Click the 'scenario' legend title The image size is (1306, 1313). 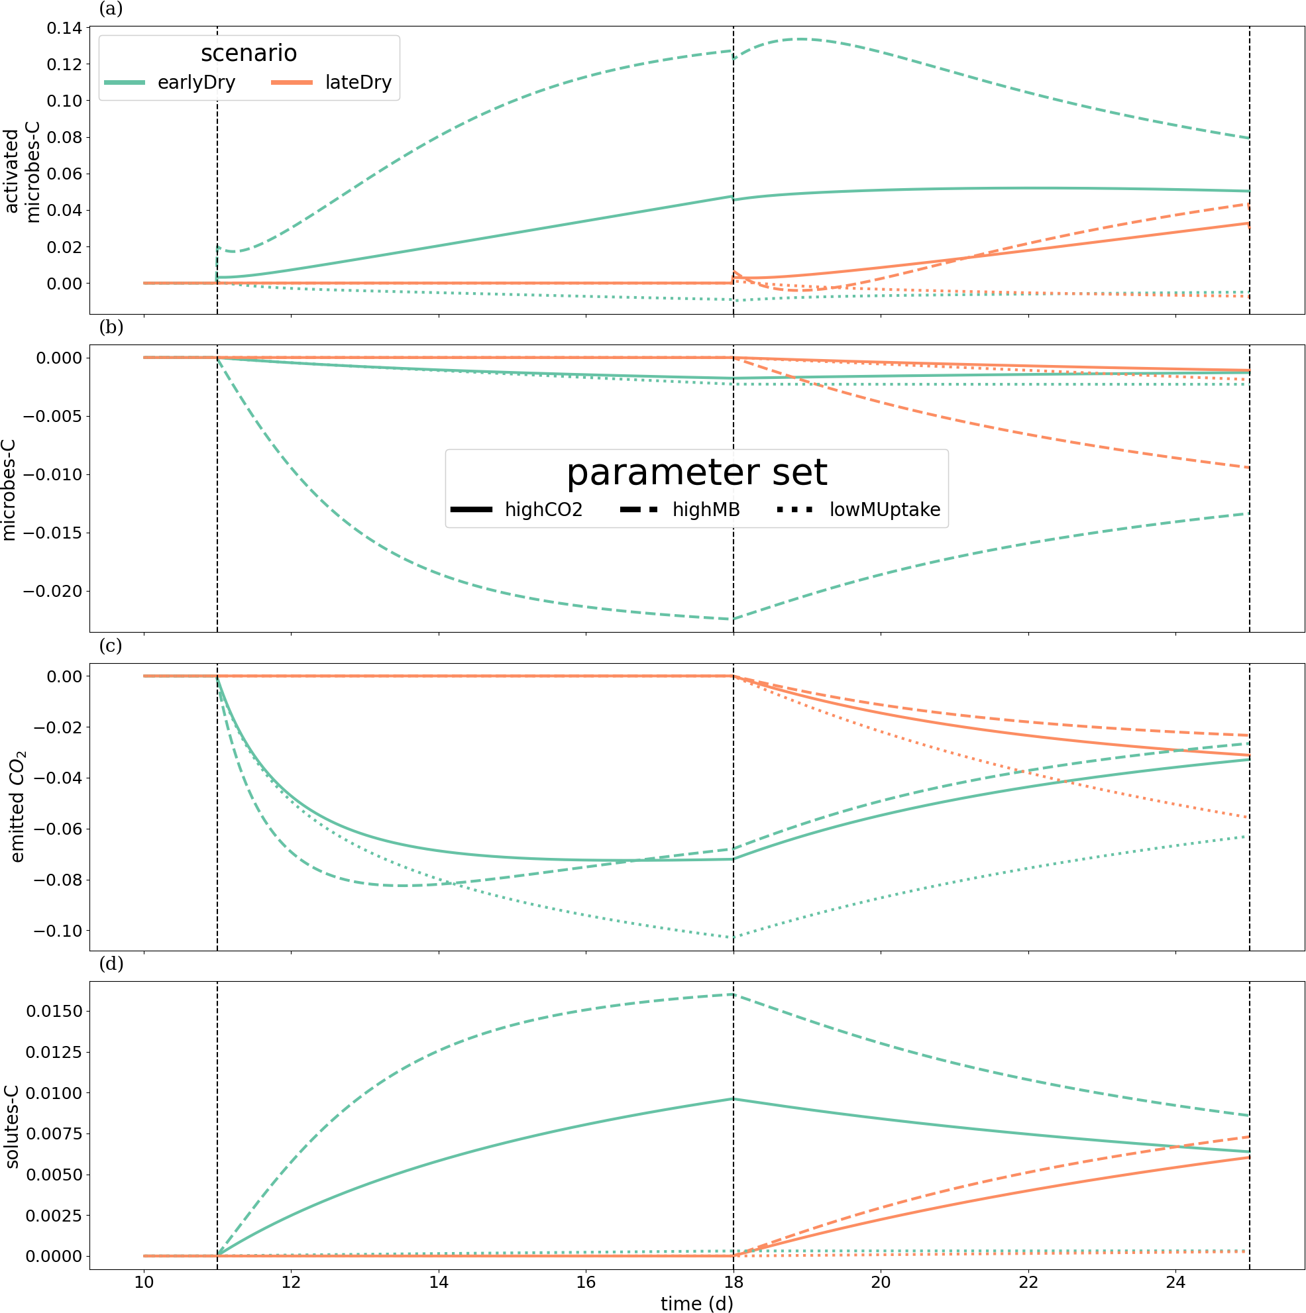pyautogui.click(x=249, y=53)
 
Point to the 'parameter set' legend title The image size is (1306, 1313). pyautogui.click(x=696, y=472)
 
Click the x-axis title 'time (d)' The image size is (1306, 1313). pyautogui.click(x=696, y=1303)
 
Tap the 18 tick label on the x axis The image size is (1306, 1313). pyautogui.click(x=733, y=1282)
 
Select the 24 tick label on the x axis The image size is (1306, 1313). pyautogui.click(x=1175, y=1282)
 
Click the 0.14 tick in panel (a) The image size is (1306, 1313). pyautogui.click(x=64, y=28)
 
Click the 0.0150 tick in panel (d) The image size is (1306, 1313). pyautogui.click(x=54, y=1012)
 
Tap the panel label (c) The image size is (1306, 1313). pyautogui.click(x=111, y=645)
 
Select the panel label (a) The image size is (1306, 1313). pyautogui.click(x=111, y=9)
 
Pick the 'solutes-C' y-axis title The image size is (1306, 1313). pyautogui.click(x=11, y=1126)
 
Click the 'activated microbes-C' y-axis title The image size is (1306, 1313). pyautogui.click(x=22, y=172)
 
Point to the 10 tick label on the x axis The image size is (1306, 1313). pyautogui.click(x=143, y=1282)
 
